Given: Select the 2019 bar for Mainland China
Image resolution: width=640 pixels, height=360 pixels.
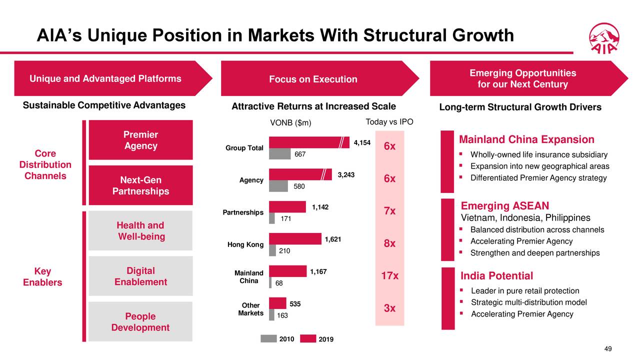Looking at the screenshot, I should (x=287, y=271).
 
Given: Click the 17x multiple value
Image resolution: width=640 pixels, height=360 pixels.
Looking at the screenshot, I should (x=389, y=276).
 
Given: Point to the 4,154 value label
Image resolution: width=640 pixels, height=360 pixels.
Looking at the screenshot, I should (x=361, y=143).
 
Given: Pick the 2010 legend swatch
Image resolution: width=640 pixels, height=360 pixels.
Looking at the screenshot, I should (x=268, y=338).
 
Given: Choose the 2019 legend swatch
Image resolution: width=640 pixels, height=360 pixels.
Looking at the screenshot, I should (x=308, y=338).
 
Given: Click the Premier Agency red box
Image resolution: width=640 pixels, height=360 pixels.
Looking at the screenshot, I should (x=140, y=140).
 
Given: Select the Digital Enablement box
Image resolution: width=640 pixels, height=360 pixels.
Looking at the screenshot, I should (x=140, y=276).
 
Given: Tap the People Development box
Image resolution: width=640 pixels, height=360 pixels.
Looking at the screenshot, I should (x=140, y=321).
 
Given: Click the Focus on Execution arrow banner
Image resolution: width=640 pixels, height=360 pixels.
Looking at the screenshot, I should (x=313, y=79).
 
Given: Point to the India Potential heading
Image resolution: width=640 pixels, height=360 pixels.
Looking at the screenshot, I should (x=496, y=276).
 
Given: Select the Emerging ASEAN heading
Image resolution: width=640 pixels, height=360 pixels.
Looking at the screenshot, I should (x=504, y=206).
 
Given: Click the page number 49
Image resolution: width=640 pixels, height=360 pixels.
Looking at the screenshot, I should (x=607, y=349).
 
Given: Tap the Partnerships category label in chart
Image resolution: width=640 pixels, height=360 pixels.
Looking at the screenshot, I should (x=243, y=212).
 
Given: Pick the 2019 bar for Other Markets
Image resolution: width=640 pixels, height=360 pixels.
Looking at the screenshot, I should (x=277, y=303).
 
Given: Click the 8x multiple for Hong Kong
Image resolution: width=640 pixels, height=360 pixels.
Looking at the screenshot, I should (x=389, y=243).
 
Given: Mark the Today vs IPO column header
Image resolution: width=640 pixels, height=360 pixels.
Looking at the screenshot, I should (x=389, y=122).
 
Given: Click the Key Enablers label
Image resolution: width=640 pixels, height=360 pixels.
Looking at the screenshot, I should (x=42, y=276).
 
